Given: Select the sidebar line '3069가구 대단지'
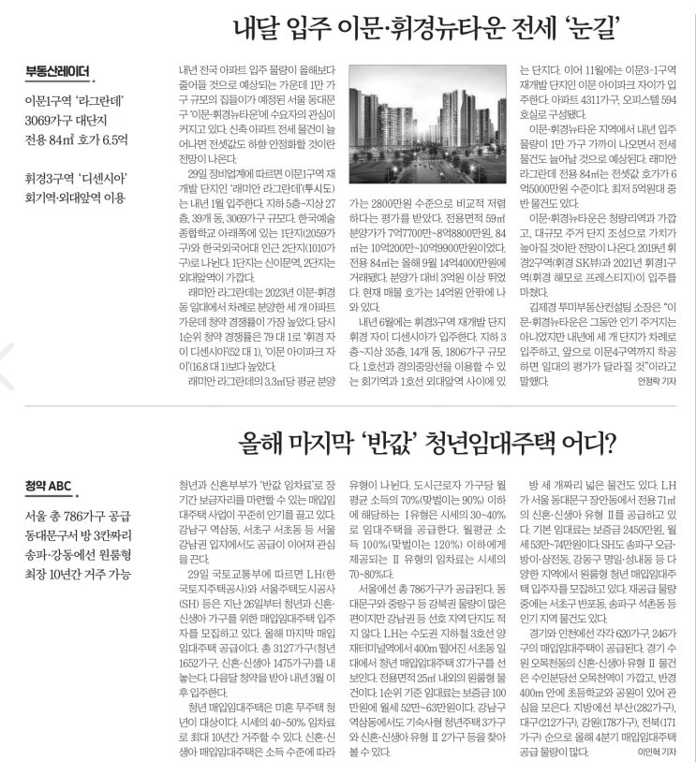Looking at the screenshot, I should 74,121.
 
